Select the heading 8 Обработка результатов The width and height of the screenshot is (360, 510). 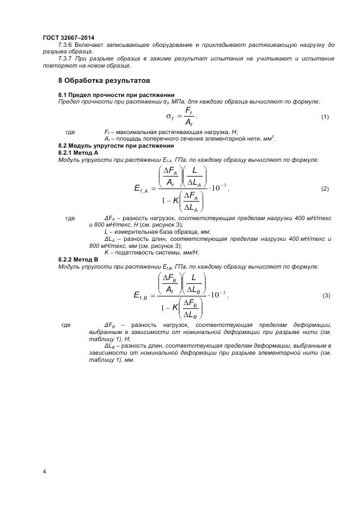[x=103, y=81]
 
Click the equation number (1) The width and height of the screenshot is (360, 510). [x=325, y=117]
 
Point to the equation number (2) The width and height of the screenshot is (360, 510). [x=325, y=189]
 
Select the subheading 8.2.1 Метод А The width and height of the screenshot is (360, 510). [x=78, y=153]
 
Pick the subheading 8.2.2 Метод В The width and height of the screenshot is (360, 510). [x=78, y=260]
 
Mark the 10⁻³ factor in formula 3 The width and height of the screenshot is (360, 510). [x=218, y=295]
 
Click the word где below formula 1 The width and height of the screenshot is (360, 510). [x=70, y=132]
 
